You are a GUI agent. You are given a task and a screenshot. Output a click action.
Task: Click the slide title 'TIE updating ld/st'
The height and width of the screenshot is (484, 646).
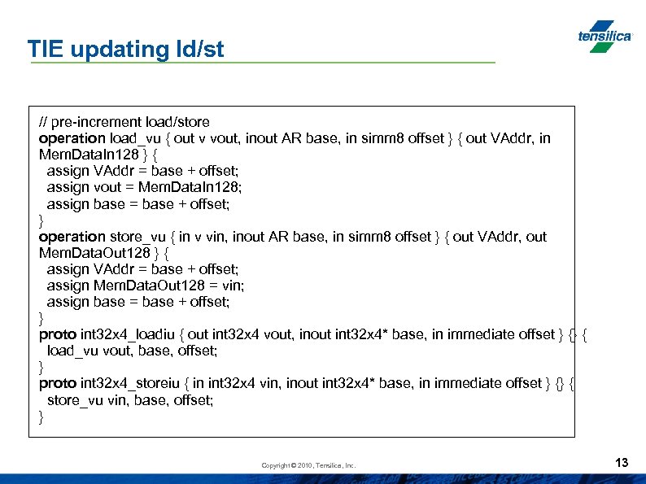click(x=125, y=49)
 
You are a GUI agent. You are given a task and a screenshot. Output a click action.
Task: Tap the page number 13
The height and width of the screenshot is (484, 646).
click(x=622, y=463)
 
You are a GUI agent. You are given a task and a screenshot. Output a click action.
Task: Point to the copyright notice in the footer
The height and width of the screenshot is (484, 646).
click(x=308, y=465)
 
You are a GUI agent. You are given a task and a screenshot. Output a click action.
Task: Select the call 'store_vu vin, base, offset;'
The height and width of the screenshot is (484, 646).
click(x=130, y=399)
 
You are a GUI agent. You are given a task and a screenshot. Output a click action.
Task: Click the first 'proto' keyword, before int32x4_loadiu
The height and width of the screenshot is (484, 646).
click(x=58, y=334)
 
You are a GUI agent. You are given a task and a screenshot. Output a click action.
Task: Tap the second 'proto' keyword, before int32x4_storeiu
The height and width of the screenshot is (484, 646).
click(x=58, y=383)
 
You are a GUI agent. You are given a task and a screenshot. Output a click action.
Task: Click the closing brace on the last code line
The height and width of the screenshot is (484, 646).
click(x=41, y=416)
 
